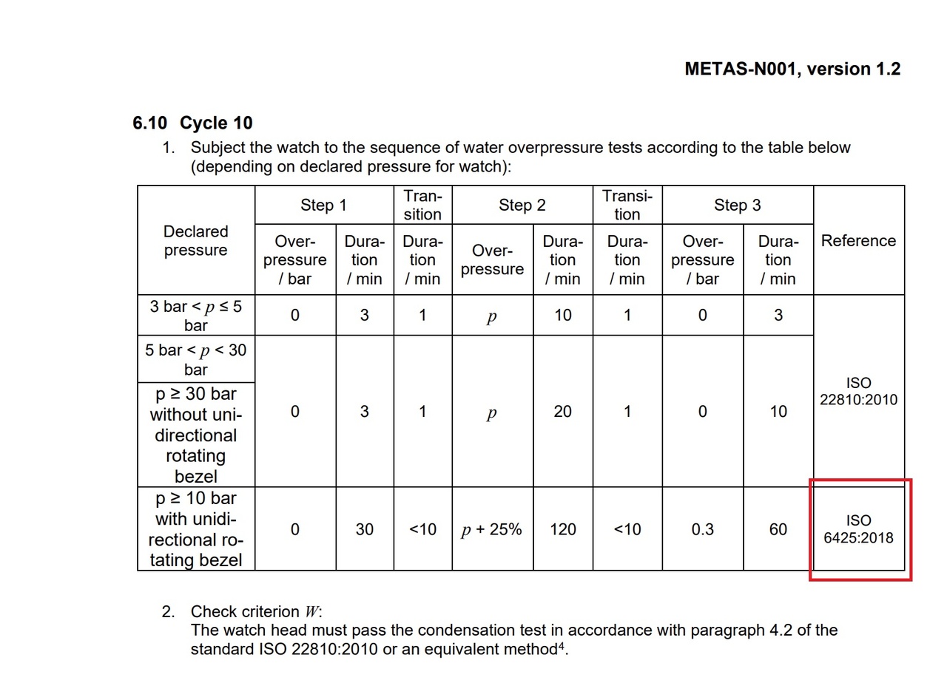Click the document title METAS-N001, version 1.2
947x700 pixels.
[792, 69]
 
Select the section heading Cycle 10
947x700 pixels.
[215, 123]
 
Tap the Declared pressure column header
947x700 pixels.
[196, 241]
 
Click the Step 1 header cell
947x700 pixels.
[323, 205]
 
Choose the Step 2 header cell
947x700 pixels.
[522, 205]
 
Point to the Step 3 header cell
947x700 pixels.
[737, 205]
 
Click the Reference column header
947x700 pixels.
[858, 241]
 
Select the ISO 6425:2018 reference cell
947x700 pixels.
[858, 529]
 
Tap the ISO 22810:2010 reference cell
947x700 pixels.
[858, 392]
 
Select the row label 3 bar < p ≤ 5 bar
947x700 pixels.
[196, 316]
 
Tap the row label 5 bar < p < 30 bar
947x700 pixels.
[196, 359]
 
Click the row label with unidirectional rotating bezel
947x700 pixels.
[196, 529]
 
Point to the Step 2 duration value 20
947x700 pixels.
[562, 412]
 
